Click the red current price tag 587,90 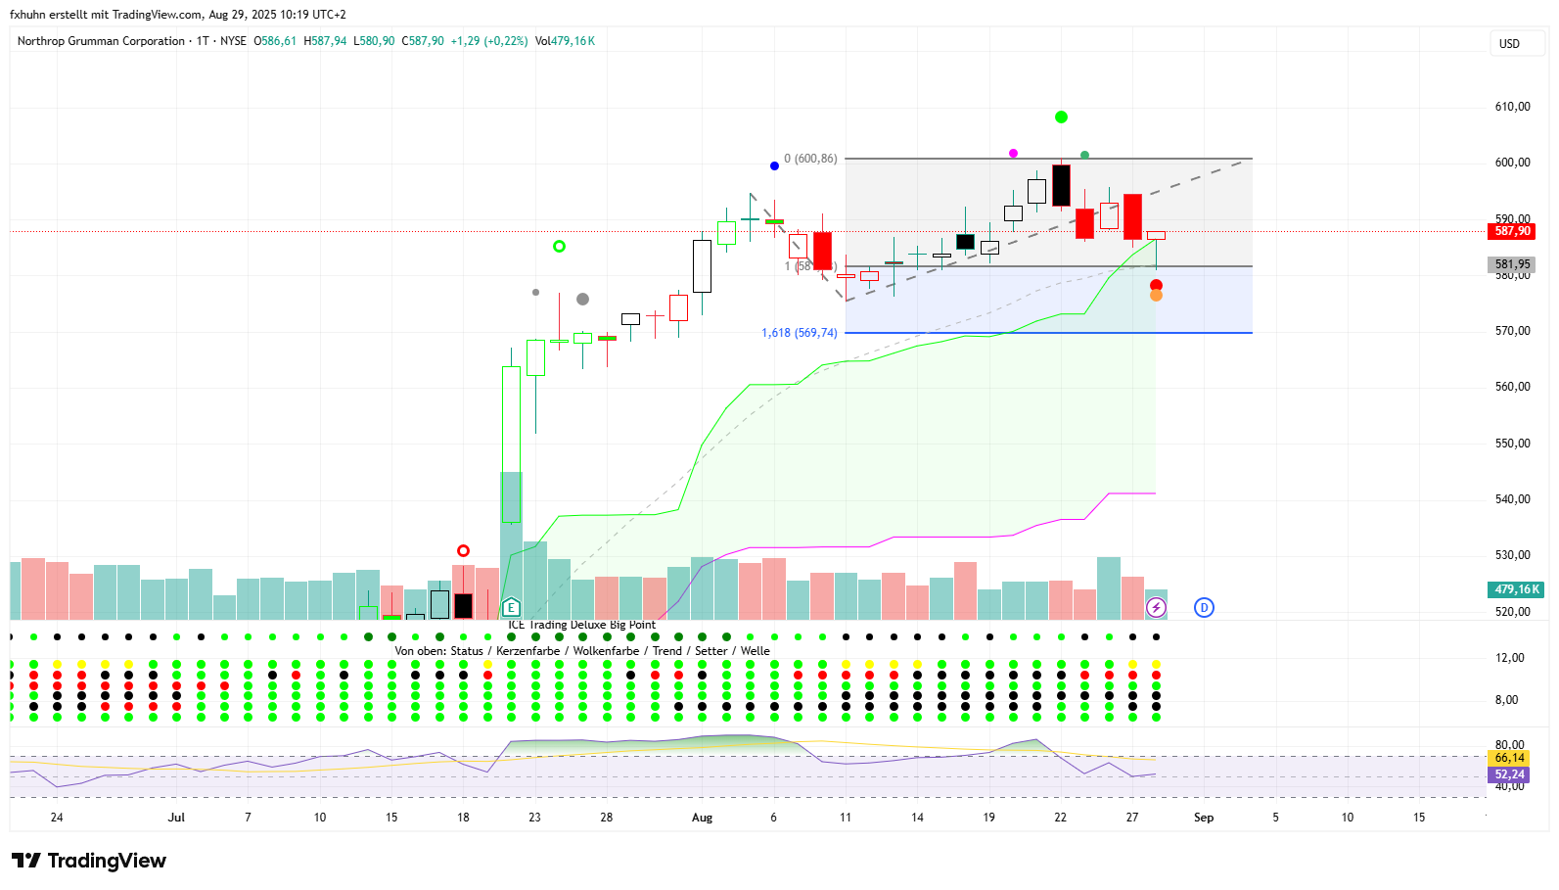click(x=1512, y=231)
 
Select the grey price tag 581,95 click(x=1512, y=264)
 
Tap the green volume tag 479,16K click(x=1516, y=589)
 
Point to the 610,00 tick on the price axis click(x=1512, y=107)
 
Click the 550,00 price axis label click(x=1512, y=444)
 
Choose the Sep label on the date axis click(x=1204, y=818)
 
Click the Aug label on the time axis click(x=702, y=818)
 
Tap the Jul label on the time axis click(x=176, y=818)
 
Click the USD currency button click(x=1510, y=44)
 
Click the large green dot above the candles click(x=1061, y=117)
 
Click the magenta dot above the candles click(x=1013, y=154)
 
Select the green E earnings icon click(x=511, y=608)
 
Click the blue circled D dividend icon click(x=1204, y=608)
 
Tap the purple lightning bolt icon click(x=1156, y=608)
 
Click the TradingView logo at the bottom click(x=89, y=861)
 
